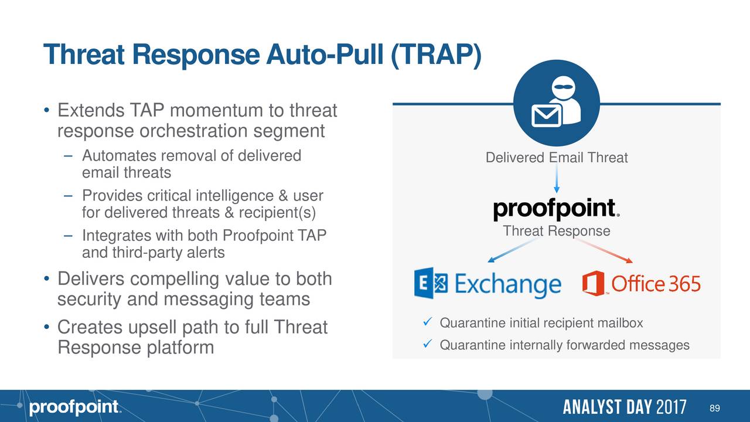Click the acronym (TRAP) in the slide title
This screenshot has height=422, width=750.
[435, 55]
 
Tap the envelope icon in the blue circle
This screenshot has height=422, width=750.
[546, 115]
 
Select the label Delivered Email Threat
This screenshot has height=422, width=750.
[556, 158]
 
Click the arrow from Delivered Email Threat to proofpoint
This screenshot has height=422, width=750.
[557, 179]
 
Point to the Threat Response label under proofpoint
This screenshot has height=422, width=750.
[556, 231]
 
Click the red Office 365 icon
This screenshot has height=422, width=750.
[593, 283]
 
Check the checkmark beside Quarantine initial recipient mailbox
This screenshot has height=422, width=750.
[426, 323]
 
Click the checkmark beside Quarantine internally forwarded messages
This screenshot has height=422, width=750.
[426, 345]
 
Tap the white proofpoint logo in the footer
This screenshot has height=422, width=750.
[74, 407]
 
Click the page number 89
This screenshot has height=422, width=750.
[714, 407]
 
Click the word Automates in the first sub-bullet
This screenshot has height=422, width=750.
[117, 156]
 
